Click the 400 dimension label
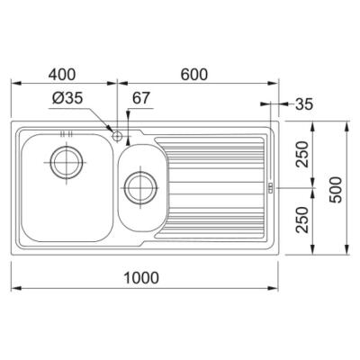click(x=62, y=75)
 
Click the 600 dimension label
click(x=194, y=75)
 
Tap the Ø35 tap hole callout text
click(x=67, y=98)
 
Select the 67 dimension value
click(x=140, y=98)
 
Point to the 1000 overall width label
click(x=141, y=278)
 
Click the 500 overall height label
click(x=336, y=190)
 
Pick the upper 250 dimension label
click(x=302, y=154)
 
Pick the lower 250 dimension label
click(x=302, y=220)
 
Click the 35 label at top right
click(x=304, y=104)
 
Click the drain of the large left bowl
click(x=67, y=162)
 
